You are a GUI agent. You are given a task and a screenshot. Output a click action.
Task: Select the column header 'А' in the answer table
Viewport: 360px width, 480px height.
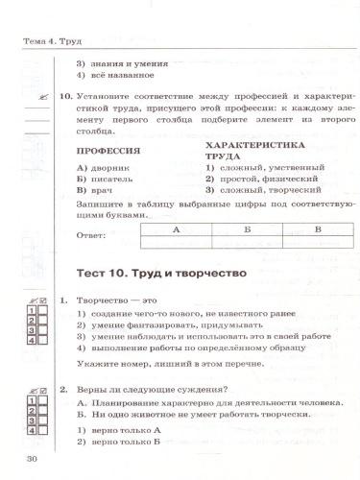[x=176, y=230]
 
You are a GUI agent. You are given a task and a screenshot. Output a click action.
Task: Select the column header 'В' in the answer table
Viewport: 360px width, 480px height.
[x=318, y=230]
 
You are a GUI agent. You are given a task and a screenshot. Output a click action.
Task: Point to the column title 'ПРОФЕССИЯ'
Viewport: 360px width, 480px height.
[x=107, y=152]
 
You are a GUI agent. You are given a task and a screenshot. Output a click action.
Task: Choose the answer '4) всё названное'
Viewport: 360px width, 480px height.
[x=115, y=75]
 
